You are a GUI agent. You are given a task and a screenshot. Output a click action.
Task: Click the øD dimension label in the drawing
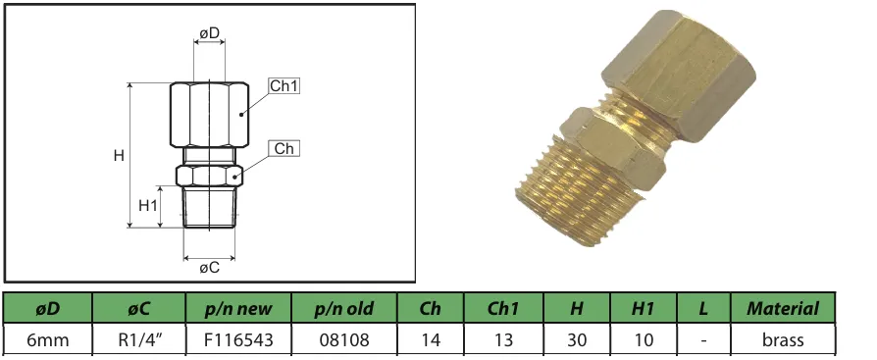[x=209, y=34]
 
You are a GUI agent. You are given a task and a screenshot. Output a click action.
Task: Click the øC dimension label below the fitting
[x=209, y=267]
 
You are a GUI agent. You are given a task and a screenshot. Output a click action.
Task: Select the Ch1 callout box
[x=284, y=86]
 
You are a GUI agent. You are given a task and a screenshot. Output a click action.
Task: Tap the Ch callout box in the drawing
[x=284, y=149]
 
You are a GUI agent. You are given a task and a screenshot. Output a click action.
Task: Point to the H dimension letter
[x=118, y=156]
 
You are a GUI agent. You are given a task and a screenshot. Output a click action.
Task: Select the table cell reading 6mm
[x=47, y=340]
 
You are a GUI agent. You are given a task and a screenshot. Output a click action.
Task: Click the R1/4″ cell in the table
[x=139, y=340]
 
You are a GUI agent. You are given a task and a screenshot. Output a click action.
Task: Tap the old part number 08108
[x=344, y=340]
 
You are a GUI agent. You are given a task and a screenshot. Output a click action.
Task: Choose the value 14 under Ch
[x=430, y=340]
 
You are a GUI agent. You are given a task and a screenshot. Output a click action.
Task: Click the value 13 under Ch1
[x=503, y=340]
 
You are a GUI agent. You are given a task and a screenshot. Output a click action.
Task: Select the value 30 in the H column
[x=577, y=340]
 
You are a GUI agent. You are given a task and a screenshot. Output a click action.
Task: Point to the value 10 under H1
[x=643, y=340]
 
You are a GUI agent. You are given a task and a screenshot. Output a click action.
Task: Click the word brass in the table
[x=782, y=340]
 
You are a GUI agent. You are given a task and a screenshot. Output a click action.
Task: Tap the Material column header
[x=782, y=308]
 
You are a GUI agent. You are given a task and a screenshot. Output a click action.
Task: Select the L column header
[x=702, y=308]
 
